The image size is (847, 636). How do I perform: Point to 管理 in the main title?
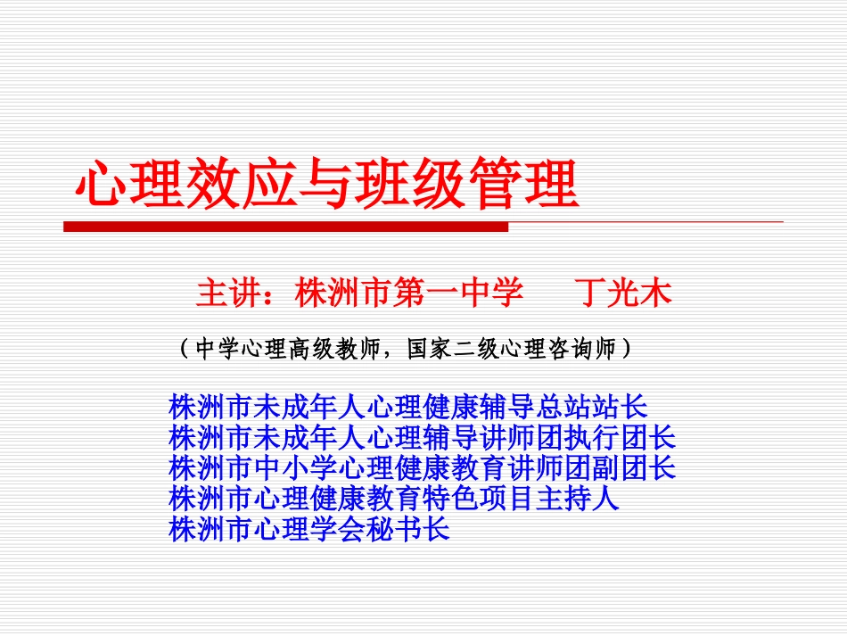525,186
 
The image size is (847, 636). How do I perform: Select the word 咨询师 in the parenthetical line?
585,349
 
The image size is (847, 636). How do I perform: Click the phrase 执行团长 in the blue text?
619,438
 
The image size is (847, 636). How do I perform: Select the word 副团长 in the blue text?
633,467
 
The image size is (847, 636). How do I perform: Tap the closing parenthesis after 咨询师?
627,349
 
